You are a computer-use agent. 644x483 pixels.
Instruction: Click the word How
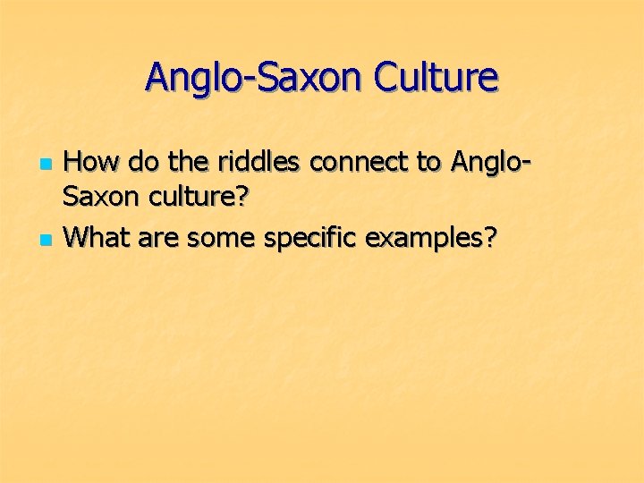pyautogui.click(x=94, y=163)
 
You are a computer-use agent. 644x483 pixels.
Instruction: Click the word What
pyautogui.click(x=98, y=238)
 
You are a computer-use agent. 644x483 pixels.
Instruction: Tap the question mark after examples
pyautogui.click(x=488, y=238)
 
